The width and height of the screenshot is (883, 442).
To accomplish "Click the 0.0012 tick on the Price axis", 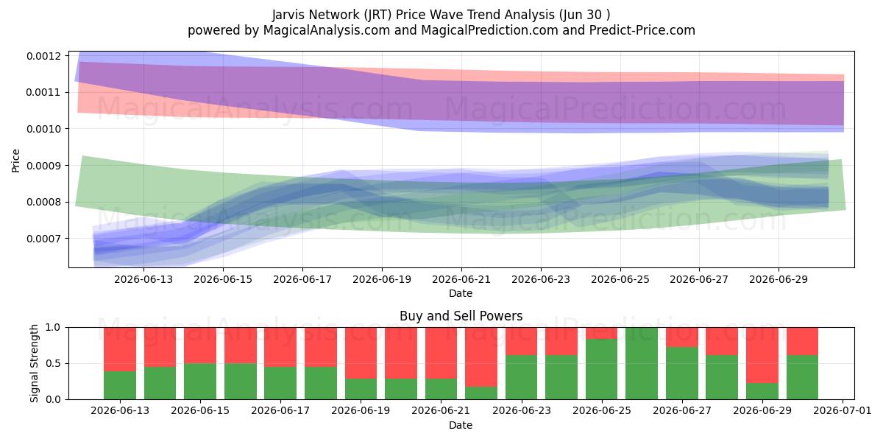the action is (44, 56).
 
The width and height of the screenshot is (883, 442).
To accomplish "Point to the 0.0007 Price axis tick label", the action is (44, 239).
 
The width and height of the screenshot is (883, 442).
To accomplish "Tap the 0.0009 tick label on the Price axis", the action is (44, 166).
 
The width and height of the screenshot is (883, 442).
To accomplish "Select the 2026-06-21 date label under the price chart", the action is (461, 279).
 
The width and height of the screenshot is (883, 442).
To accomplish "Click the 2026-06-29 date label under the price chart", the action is (779, 279).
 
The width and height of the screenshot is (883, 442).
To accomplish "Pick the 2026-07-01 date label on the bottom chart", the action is (843, 410).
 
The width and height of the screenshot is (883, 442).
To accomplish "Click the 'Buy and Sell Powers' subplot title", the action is (461, 316).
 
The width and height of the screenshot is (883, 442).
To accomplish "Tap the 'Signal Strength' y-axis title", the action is (35, 363).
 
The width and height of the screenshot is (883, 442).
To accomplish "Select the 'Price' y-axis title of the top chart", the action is (15, 161).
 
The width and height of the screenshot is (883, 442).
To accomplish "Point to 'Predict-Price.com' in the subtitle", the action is (642, 30).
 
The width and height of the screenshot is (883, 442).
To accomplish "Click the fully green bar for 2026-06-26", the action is (642, 363).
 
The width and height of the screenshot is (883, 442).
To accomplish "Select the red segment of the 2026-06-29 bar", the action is (762, 355).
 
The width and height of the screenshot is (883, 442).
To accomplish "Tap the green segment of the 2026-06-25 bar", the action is (602, 369).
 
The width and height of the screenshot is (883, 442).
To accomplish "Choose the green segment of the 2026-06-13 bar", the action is (120, 385).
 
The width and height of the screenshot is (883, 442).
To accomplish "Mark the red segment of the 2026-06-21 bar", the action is (441, 353).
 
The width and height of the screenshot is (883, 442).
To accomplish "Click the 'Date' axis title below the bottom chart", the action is (461, 425).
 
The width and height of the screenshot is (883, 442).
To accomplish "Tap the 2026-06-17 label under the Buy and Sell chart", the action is (280, 410).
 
